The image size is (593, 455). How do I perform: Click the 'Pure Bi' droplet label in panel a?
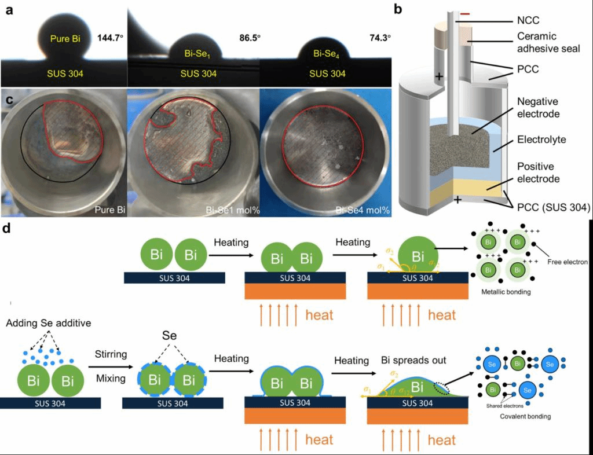click(x=64, y=39)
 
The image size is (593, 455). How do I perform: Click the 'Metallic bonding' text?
click(x=506, y=292)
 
